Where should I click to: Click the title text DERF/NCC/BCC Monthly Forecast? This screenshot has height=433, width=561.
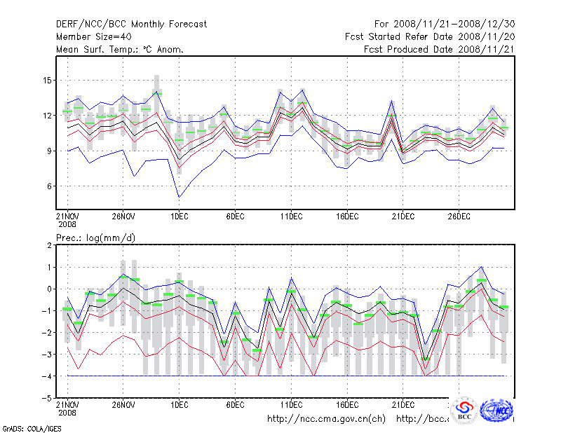coord(132,25)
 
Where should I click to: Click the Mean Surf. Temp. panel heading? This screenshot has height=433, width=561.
coord(120,49)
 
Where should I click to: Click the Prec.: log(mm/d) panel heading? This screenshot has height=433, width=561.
coord(95,238)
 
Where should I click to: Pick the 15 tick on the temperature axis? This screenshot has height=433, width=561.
coord(48,80)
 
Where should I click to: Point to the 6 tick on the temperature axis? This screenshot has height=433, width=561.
coord(50,186)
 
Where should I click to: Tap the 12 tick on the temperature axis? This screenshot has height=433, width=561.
coord(48,115)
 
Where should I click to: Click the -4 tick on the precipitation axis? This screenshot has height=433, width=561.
coord(47,376)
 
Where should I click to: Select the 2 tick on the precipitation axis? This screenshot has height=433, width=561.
coord(50,245)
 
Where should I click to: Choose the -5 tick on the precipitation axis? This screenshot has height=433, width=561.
coord(47,397)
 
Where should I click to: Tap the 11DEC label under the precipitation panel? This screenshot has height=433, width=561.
coord(291,404)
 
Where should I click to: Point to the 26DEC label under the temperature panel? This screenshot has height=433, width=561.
coord(459,215)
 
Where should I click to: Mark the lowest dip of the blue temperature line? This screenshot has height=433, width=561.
coord(179,197)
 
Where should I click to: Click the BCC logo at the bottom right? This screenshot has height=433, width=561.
coord(464,411)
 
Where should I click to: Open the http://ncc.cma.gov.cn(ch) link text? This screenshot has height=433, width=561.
coord(327,419)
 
